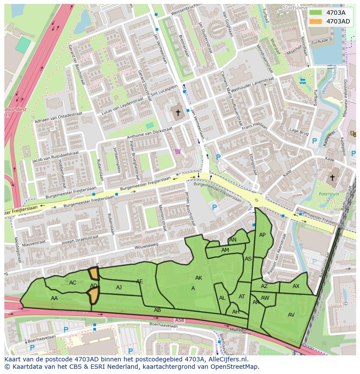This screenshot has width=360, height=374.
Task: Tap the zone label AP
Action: tap(262, 235)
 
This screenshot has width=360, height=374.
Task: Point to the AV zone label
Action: tap(291, 315)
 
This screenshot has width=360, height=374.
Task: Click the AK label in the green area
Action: tap(199, 278)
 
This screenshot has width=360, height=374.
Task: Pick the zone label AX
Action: tap(296, 286)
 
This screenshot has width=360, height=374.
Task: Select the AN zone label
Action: tap(233, 240)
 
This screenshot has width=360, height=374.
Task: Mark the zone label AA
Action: tap(54, 298)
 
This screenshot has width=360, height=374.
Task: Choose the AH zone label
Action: tap(236, 312)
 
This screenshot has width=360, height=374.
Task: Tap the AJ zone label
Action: tap(119, 288)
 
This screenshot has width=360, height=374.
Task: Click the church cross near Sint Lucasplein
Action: tap(177, 113)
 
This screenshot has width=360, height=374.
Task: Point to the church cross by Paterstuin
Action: tap(333, 178)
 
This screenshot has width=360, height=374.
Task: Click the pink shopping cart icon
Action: tap(177, 152)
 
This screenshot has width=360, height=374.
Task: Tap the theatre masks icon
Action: tap(353, 134)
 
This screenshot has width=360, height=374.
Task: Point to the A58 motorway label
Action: tap(179, 321)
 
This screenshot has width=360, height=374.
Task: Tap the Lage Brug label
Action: tap(299, 131)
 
